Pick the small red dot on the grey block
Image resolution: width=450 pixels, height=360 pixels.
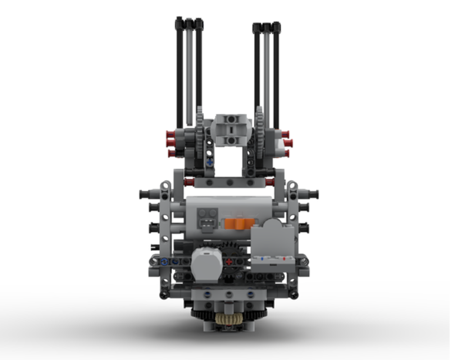[284, 259]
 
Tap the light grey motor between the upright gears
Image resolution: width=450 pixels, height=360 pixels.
[231, 130]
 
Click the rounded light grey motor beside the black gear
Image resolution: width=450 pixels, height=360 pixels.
[206, 263]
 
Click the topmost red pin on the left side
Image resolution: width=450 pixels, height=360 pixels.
[170, 134]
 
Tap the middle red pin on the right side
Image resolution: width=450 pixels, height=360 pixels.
[288, 143]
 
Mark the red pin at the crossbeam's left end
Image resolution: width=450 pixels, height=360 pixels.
[189, 182]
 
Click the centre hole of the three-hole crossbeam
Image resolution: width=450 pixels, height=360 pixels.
[230, 183]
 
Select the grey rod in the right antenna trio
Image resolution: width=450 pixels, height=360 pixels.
[267, 74]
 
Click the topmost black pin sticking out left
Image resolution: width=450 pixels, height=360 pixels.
[145, 194]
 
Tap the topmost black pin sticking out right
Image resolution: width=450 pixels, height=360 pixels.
[313, 194]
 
